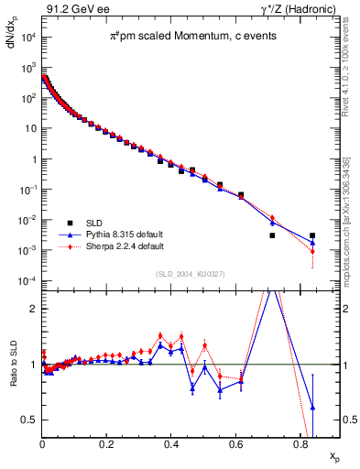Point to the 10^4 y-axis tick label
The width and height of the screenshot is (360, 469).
pyautogui.click(x=27, y=38)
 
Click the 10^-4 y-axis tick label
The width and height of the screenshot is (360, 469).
pyautogui.click(x=27, y=280)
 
